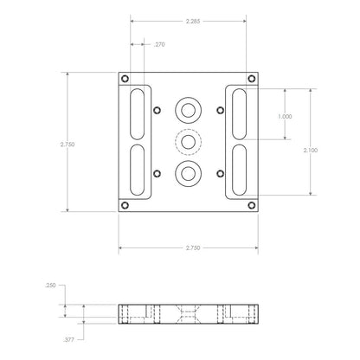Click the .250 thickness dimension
click(51, 284)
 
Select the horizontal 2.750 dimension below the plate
click(193, 248)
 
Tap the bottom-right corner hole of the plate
click(251, 206)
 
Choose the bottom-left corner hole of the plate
click(126, 206)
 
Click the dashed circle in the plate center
click(188, 140)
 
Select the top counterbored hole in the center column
click(188, 109)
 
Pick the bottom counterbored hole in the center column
click(188, 173)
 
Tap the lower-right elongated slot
click(240, 171)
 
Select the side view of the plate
click(188, 313)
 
